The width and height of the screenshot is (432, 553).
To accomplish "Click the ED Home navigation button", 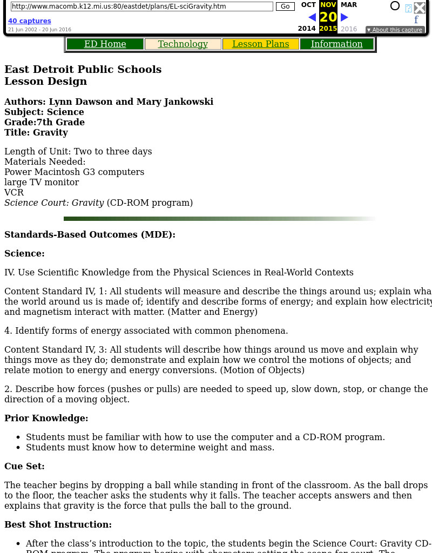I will (105, 44).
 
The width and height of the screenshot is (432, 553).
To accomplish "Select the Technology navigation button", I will (183, 44).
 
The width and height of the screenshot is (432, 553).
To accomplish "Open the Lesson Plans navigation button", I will (260, 44).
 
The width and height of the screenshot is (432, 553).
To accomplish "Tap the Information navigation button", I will (336, 44).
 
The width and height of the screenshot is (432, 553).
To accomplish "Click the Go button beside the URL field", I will (285, 6).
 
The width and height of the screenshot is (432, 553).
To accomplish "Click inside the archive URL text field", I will (141, 6).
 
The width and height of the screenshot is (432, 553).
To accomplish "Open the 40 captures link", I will (30, 21).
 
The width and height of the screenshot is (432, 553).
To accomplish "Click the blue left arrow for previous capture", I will (312, 17).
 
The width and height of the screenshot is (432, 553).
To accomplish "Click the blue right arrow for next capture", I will (345, 17).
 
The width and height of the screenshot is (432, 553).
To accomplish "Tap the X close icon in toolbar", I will (420, 8).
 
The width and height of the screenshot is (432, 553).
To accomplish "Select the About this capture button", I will (395, 30).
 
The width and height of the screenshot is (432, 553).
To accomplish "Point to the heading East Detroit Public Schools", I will (83, 69).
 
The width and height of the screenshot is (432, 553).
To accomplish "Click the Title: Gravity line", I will (36, 132).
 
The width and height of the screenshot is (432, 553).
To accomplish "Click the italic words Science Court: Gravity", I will (54, 203).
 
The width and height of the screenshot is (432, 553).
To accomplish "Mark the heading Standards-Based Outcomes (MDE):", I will (90, 234).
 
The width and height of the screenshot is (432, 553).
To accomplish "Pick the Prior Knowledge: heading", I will (46, 418).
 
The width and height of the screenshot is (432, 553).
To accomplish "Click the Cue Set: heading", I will (24, 466).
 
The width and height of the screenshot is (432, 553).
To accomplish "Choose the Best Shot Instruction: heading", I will (58, 524).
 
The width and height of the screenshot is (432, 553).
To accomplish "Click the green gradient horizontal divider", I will (220, 219).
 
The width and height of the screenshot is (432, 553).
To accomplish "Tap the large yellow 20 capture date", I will (328, 17).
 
